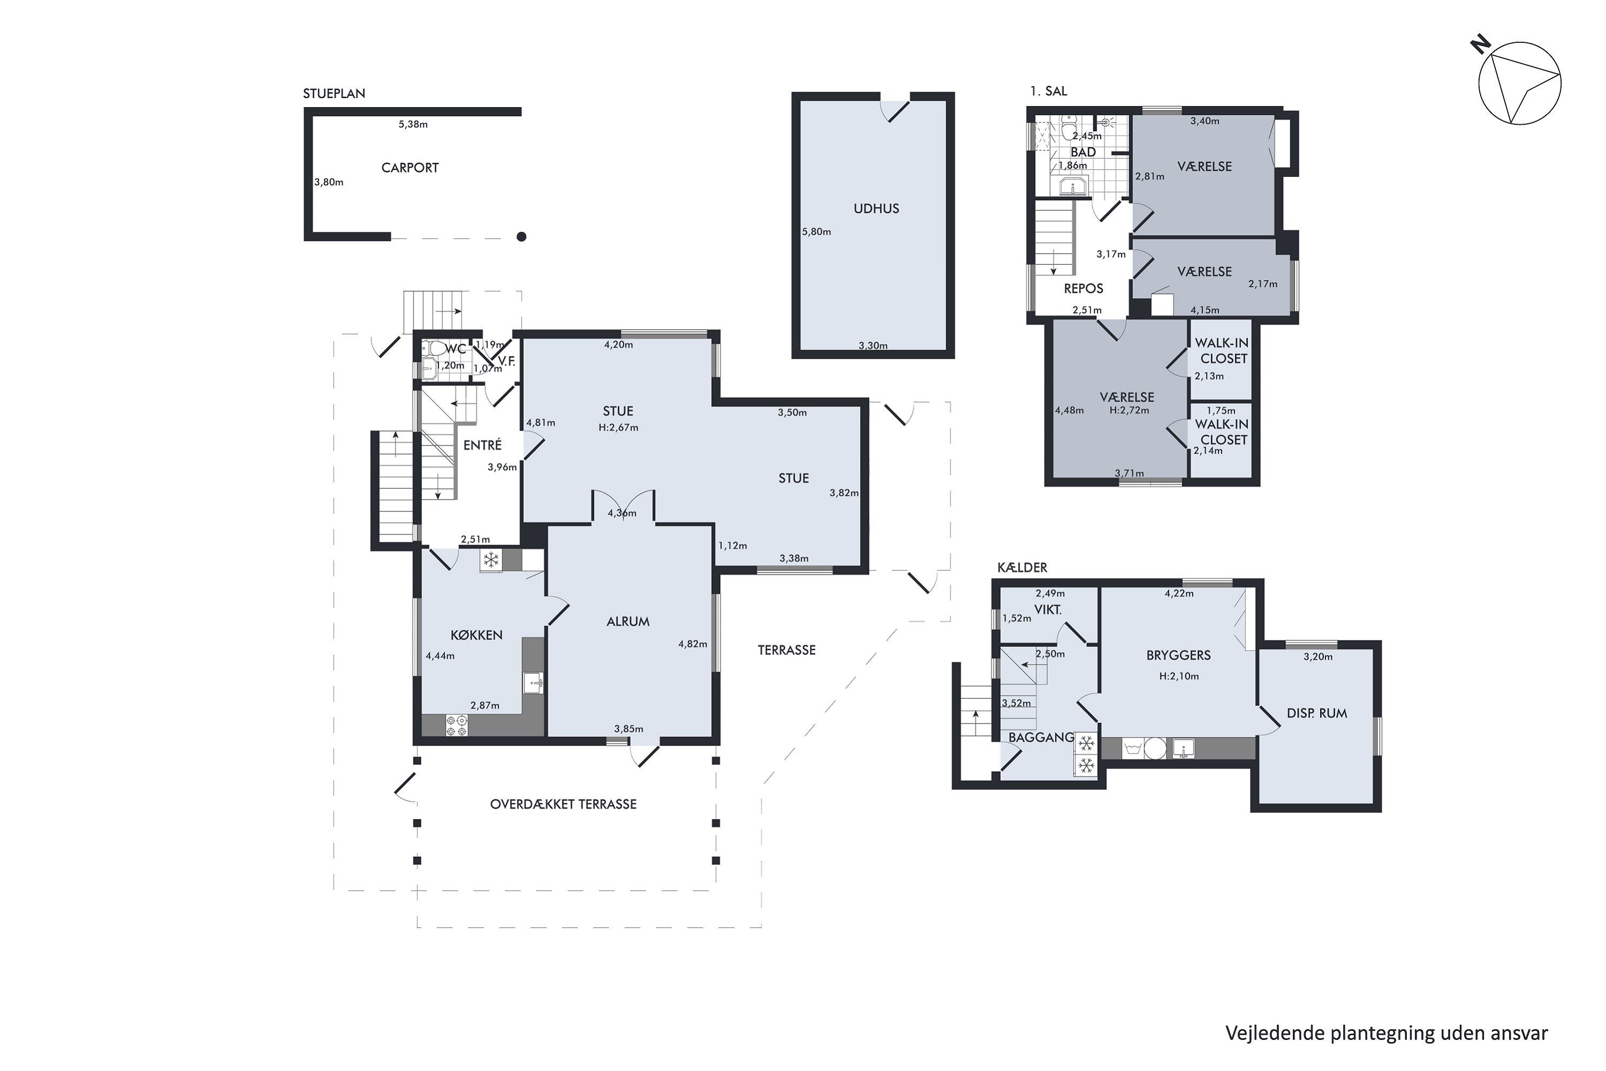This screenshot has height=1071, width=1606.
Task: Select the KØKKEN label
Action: (x=476, y=635)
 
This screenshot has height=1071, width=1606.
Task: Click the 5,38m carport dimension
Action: (x=413, y=124)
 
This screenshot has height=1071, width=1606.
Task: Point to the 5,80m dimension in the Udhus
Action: (x=817, y=231)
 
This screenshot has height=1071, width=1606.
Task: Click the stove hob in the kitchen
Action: (x=457, y=726)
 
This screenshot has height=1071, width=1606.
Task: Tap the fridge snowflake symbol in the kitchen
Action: (x=490, y=561)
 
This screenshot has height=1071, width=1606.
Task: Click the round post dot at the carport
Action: (x=521, y=237)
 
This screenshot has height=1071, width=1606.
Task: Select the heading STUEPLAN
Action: (x=334, y=94)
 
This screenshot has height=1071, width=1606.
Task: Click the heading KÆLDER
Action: (x=1022, y=568)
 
